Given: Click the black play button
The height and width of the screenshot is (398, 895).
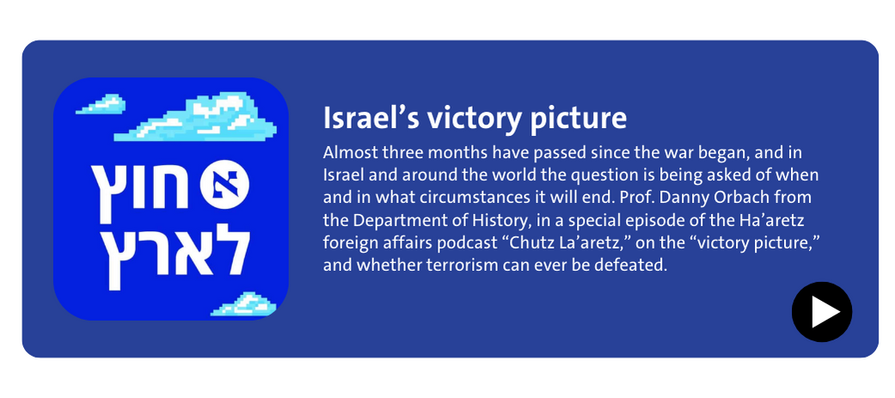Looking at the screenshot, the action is [821, 312].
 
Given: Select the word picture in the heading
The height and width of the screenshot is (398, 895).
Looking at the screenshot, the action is [579, 119].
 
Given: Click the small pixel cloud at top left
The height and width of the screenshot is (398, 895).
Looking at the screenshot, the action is [101, 104].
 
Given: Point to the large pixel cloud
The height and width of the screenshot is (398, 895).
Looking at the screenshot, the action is [196, 119].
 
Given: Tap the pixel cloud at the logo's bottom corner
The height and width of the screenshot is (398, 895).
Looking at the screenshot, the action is [243, 303].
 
